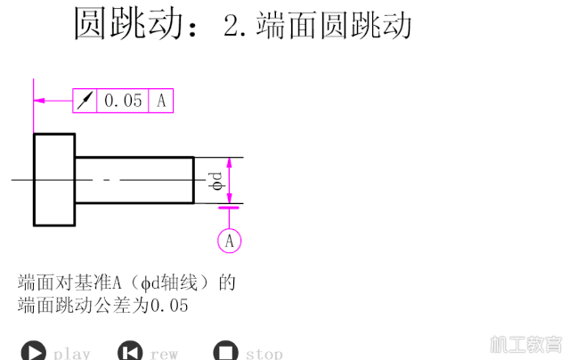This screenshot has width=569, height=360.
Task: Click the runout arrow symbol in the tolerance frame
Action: pyautogui.click(x=85, y=101)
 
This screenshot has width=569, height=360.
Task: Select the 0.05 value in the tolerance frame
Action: pyautogui.click(x=123, y=101)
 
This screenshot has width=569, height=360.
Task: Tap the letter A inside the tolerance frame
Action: pyautogui.click(x=161, y=101)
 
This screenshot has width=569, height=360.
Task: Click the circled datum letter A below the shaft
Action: pyautogui.click(x=230, y=241)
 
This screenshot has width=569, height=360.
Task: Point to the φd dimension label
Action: pyautogui.click(x=216, y=181)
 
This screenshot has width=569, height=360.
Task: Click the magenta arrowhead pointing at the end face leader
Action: pyautogui.click(x=39, y=101)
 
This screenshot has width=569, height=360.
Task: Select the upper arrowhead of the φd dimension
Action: pyautogui.click(x=229, y=163)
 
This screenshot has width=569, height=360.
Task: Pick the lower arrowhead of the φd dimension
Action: pyautogui.click(x=229, y=199)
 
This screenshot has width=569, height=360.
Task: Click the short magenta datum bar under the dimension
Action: pyautogui.click(x=229, y=208)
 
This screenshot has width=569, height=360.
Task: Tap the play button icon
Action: pyautogui.click(x=34, y=352)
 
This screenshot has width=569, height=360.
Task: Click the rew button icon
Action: pyautogui.click(x=130, y=352)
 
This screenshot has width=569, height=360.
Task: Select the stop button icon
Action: pyautogui.click(x=225, y=352)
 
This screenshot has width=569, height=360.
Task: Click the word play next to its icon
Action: pyautogui.click(x=71, y=354)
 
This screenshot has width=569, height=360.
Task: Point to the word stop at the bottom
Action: pyautogui.click(x=264, y=354)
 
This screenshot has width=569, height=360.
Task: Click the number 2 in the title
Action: pyautogui.click(x=232, y=26)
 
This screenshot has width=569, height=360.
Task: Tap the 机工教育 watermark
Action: pyautogui.click(x=526, y=344)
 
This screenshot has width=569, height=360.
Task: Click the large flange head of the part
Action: pyautogui.click(x=54, y=180)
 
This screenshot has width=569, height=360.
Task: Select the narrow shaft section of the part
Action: pyautogui.click(x=134, y=180)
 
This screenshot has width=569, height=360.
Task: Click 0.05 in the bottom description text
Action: pyautogui.click(x=169, y=305)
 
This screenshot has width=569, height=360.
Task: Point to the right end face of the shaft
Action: pyautogui.click(x=193, y=180)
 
